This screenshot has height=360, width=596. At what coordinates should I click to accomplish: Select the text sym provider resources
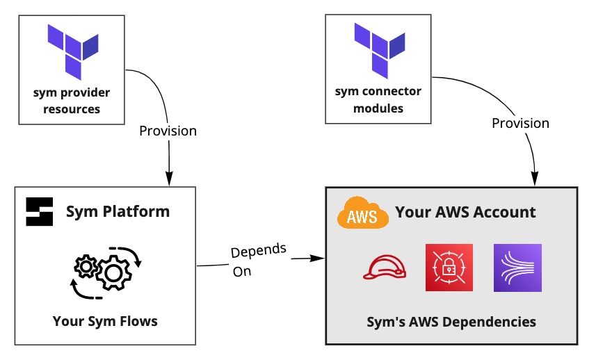(x=72, y=101)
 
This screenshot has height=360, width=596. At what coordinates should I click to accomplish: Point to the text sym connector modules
(x=378, y=100)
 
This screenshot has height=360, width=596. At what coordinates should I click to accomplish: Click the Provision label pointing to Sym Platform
(x=168, y=131)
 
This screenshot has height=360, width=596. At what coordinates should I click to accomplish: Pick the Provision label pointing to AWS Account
(x=520, y=123)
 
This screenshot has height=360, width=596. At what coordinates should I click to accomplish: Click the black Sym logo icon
(x=40, y=211)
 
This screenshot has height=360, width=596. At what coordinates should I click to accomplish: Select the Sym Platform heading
(x=118, y=211)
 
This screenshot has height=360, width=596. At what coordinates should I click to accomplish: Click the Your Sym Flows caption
(x=105, y=321)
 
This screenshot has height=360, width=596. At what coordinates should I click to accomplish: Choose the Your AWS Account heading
(x=465, y=212)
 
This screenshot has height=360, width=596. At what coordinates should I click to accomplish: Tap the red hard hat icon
(x=383, y=268)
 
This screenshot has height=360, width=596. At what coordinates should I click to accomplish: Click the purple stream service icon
(x=517, y=268)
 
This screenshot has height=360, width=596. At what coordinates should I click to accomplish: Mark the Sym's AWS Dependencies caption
(x=451, y=322)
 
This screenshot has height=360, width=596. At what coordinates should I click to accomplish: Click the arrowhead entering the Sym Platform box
(x=169, y=180)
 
